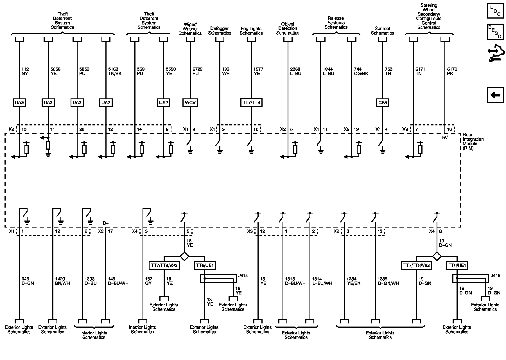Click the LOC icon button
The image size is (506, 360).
tap(495, 10)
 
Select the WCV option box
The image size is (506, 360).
tap(190, 103)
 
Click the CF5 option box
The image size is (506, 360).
tap(382, 103)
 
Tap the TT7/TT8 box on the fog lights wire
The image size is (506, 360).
tap(251, 103)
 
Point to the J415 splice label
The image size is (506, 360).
tap(495, 276)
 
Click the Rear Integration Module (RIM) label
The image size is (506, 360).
tap(473, 141)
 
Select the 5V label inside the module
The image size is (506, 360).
tap(445, 138)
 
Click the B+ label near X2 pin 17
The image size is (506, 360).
tap(106, 223)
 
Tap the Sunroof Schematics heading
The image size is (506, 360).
tap(382, 31)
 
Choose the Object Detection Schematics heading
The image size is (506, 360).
tap(288, 28)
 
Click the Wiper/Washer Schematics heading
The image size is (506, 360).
tap(190, 29)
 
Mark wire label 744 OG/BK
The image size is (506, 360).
tap(361, 71)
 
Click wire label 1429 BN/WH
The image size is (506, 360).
tap(62, 281)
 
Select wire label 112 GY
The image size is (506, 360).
tap(25, 71)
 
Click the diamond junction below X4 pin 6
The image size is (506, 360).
tap(437, 256)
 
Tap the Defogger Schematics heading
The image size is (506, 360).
tap(220, 31)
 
